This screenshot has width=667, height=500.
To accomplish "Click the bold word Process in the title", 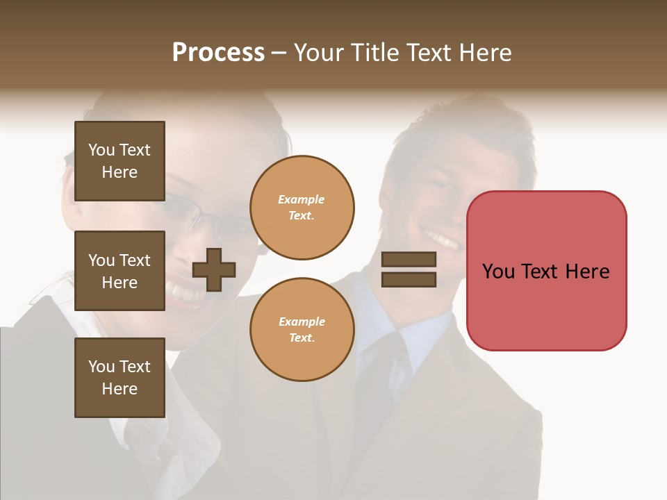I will [218, 53].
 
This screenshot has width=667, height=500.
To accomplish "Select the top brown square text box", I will [120, 161].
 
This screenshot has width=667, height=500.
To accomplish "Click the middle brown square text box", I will [120, 271].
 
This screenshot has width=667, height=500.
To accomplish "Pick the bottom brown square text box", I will [120, 378].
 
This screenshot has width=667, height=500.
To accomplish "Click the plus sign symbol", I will [214, 269].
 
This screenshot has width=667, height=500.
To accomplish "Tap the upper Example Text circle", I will [302, 208].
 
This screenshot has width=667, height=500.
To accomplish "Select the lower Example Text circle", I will [302, 330].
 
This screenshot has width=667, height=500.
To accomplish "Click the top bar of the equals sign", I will [409, 260].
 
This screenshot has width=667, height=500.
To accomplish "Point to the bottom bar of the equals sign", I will [409, 279].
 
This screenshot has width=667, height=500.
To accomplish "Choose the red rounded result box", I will [546, 306].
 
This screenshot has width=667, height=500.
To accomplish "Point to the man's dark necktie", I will [379, 389].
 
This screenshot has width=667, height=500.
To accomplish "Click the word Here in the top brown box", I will [120, 172].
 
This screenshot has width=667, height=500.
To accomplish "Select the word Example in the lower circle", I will [302, 322].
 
